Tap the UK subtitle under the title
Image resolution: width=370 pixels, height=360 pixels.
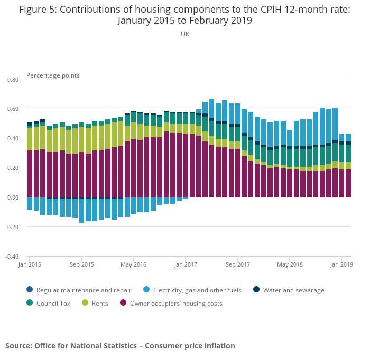tap(185, 34)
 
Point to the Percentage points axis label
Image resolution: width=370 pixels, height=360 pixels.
tap(53, 75)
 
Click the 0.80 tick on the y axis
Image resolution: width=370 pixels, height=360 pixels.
tap(13, 80)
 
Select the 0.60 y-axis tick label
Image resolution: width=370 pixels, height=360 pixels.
tap(13, 109)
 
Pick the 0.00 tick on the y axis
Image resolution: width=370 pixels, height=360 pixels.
tap(13, 198)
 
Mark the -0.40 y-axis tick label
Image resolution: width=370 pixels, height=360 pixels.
tap(12, 257)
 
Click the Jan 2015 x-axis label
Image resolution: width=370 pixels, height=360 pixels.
tap(30, 264)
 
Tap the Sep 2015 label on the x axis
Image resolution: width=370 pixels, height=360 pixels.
tap(82, 264)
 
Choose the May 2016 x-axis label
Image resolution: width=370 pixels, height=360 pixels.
tap(134, 264)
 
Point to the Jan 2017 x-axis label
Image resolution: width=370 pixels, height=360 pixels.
tap(186, 264)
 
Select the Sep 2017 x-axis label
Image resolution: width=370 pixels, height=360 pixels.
tap(237, 264)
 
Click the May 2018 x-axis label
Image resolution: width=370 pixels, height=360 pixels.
tap(290, 264)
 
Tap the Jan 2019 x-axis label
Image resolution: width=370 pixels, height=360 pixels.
tap(341, 264)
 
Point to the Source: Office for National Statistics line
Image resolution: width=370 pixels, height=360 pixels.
tap(120, 346)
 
